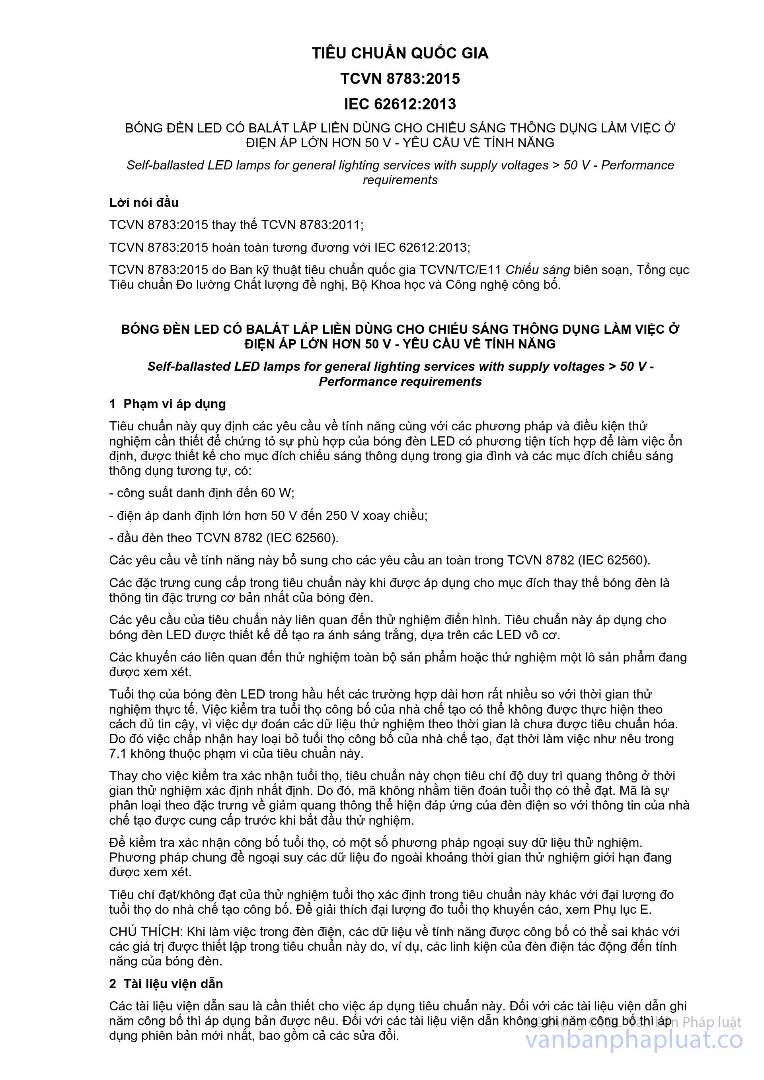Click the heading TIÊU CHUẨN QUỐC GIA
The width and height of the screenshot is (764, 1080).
(x=400, y=53)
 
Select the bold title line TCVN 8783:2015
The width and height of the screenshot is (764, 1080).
(x=400, y=78)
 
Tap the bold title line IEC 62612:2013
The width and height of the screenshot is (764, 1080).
(x=400, y=104)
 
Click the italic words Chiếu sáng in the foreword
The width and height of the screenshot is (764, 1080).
(x=537, y=270)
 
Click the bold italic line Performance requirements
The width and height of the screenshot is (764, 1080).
(x=400, y=381)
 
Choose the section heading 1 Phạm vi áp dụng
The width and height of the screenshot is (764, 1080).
(x=168, y=404)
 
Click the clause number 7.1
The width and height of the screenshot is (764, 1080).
(x=118, y=753)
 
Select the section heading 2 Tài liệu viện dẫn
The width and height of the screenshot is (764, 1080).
(x=166, y=984)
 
